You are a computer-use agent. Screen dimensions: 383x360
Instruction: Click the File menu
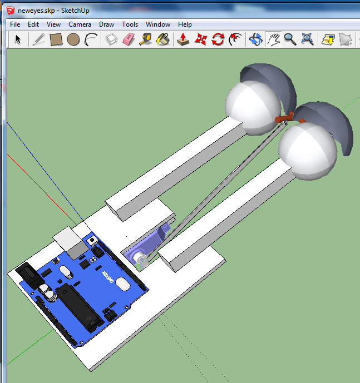[x=15, y=24]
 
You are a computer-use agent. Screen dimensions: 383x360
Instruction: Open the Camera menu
[x=80, y=24]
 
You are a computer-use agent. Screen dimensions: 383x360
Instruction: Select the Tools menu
[x=130, y=24]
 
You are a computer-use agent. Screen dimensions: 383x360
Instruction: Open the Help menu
[x=185, y=24]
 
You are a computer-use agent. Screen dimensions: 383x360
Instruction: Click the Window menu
[x=158, y=24]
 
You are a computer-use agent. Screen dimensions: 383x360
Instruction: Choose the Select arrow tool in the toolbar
[x=18, y=39]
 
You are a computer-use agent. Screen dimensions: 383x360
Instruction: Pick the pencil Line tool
[x=38, y=39]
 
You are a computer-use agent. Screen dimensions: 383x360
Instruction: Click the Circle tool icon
[x=73, y=39]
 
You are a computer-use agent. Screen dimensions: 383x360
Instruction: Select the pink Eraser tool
[x=128, y=39]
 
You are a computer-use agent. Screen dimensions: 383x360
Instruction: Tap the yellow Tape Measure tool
[x=146, y=39]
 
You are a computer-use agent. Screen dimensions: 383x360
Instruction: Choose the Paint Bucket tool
[x=163, y=39]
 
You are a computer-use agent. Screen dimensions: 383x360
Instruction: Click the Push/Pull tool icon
[x=183, y=39]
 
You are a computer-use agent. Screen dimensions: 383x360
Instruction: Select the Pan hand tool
[x=273, y=39]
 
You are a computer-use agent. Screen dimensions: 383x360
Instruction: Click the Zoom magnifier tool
[x=290, y=39]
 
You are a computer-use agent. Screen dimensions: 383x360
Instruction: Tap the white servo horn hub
[x=140, y=257]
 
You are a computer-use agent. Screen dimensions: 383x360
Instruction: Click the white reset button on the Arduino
[x=91, y=240]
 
